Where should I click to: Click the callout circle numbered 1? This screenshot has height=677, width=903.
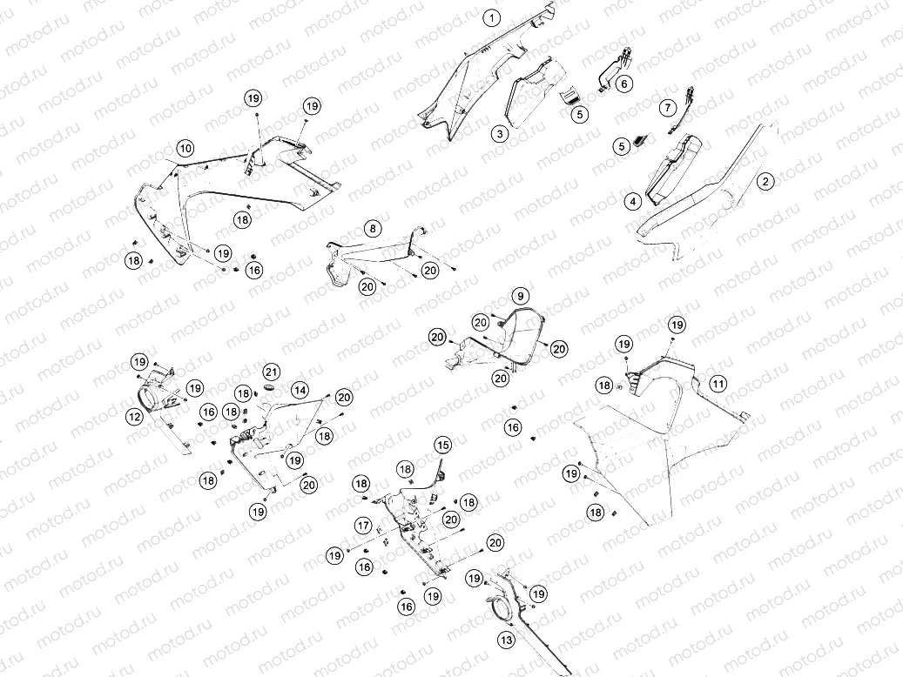coord(492,18)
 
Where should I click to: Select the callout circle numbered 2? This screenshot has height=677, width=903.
coord(765,181)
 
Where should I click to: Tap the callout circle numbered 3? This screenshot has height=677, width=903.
coord(500,134)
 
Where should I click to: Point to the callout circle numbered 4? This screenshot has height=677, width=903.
coord(633,202)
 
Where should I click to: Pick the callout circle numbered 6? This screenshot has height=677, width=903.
coord(623,84)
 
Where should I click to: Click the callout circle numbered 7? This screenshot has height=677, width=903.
coord(668,107)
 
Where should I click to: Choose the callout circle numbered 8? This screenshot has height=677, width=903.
coord(373,229)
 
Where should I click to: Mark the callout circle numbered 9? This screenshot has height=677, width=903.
coord(520,296)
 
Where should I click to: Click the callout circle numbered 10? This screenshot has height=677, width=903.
coord(185,149)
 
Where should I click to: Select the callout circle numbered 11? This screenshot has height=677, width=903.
coord(718,384)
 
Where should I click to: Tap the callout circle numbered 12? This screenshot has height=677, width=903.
coord(134,416)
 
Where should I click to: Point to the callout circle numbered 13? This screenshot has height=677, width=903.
coord(506,640)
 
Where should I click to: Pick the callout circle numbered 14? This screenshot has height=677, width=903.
coord(300,391)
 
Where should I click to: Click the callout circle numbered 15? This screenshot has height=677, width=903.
coord(443,445)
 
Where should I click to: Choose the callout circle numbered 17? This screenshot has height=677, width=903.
coord(363,525)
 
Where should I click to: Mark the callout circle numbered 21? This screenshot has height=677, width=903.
coord(271,372)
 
